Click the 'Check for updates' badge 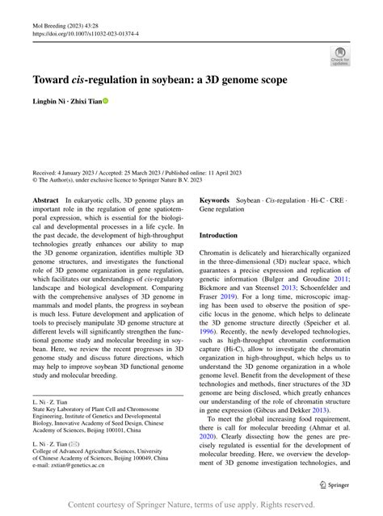[339, 56]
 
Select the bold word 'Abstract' [45, 199]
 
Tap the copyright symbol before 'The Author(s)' [35, 180]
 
